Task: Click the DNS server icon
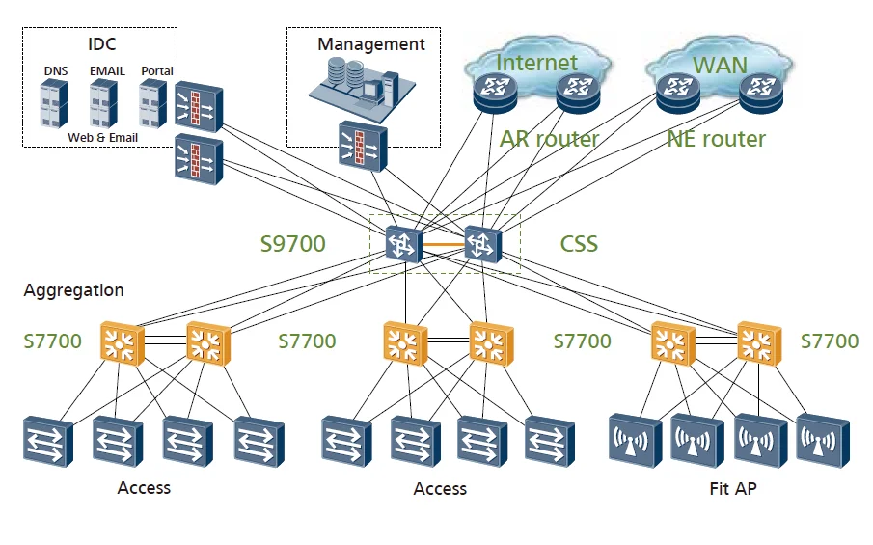[55, 103]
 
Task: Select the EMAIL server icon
[104, 103]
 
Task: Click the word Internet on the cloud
[536, 63]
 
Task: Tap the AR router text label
[549, 139]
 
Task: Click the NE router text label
[716, 139]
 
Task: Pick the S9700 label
[292, 244]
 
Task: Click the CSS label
[579, 244]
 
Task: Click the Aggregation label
[74, 290]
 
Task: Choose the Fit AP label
[732, 489]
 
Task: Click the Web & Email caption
[103, 138]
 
